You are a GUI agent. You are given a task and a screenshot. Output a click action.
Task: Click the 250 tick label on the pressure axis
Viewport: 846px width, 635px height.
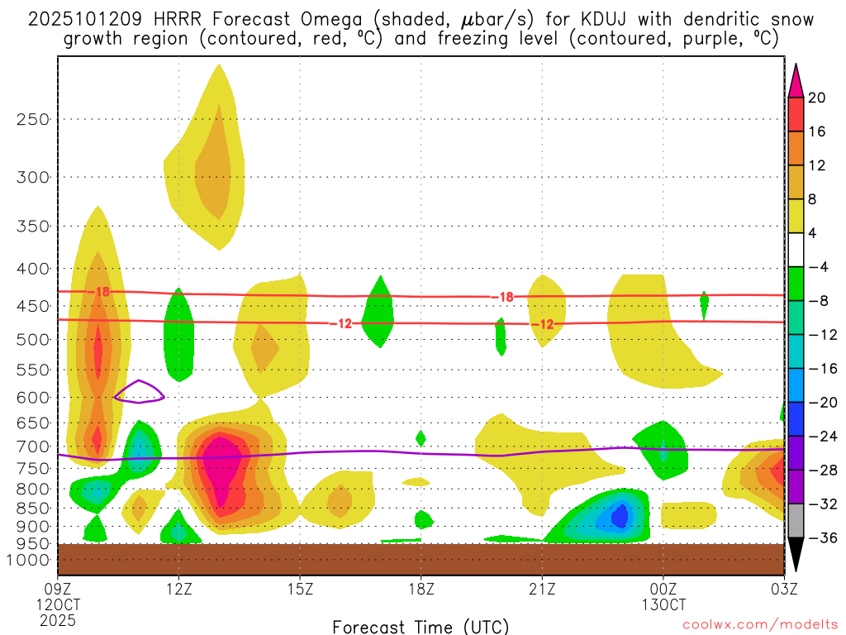point(33,119)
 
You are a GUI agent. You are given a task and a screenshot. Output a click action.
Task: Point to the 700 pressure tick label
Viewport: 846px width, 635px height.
point(33,446)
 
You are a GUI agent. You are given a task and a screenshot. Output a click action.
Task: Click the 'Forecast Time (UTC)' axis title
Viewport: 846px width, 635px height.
point(421,626)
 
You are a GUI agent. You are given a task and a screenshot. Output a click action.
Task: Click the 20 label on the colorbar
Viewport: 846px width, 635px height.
point(817,98)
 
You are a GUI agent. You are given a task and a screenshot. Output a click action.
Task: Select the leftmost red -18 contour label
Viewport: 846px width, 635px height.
point(101,292)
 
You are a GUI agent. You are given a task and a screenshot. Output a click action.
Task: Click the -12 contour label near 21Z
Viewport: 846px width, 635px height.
point(542,324)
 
